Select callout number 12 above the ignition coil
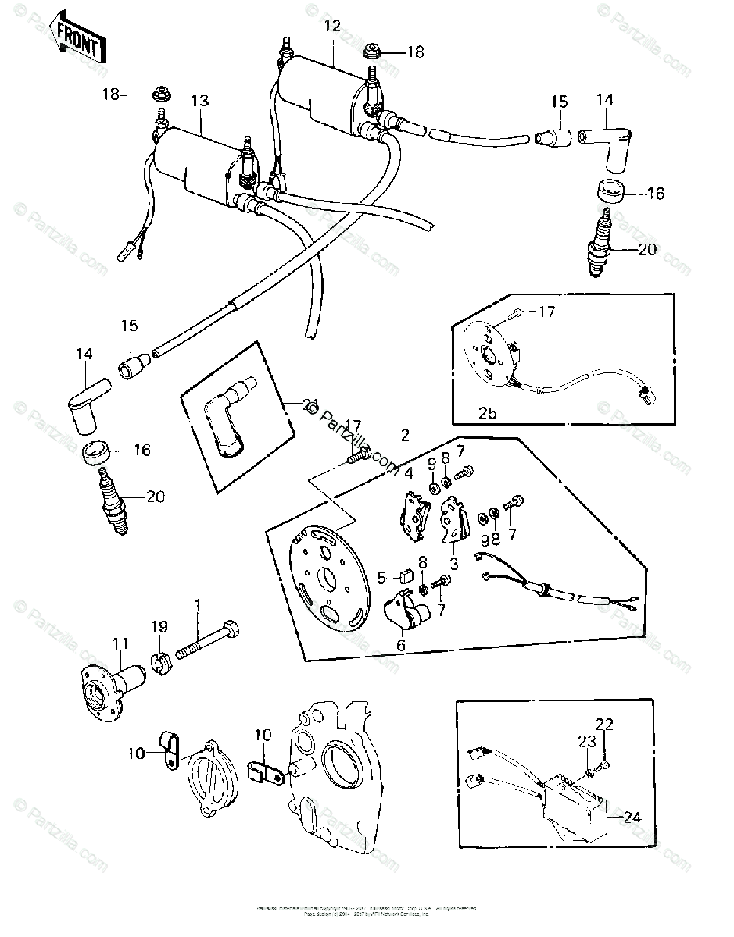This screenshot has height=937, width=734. pyautogui.click(x=332, y=26)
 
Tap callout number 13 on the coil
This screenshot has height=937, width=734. pyautogui.click(x=200, y=101)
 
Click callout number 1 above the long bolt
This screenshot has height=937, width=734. pyautogui.click(x=199, y=604)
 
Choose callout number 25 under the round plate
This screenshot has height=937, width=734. pyautogui.click(x=487, y=412)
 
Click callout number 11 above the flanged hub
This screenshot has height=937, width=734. pyautogui.click(x=120, y=643)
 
